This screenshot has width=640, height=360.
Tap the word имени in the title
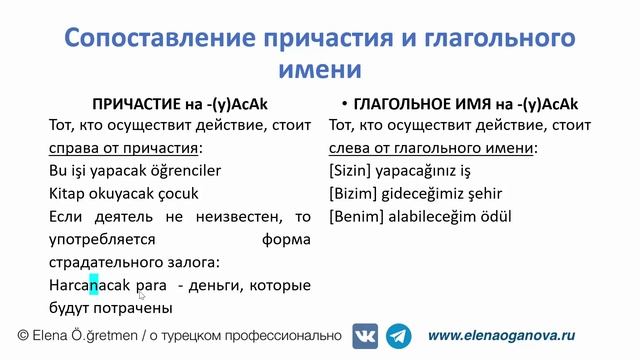319,69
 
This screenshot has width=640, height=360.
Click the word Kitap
66,193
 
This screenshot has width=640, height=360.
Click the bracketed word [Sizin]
349,171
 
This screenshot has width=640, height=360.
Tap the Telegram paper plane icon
399,336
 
